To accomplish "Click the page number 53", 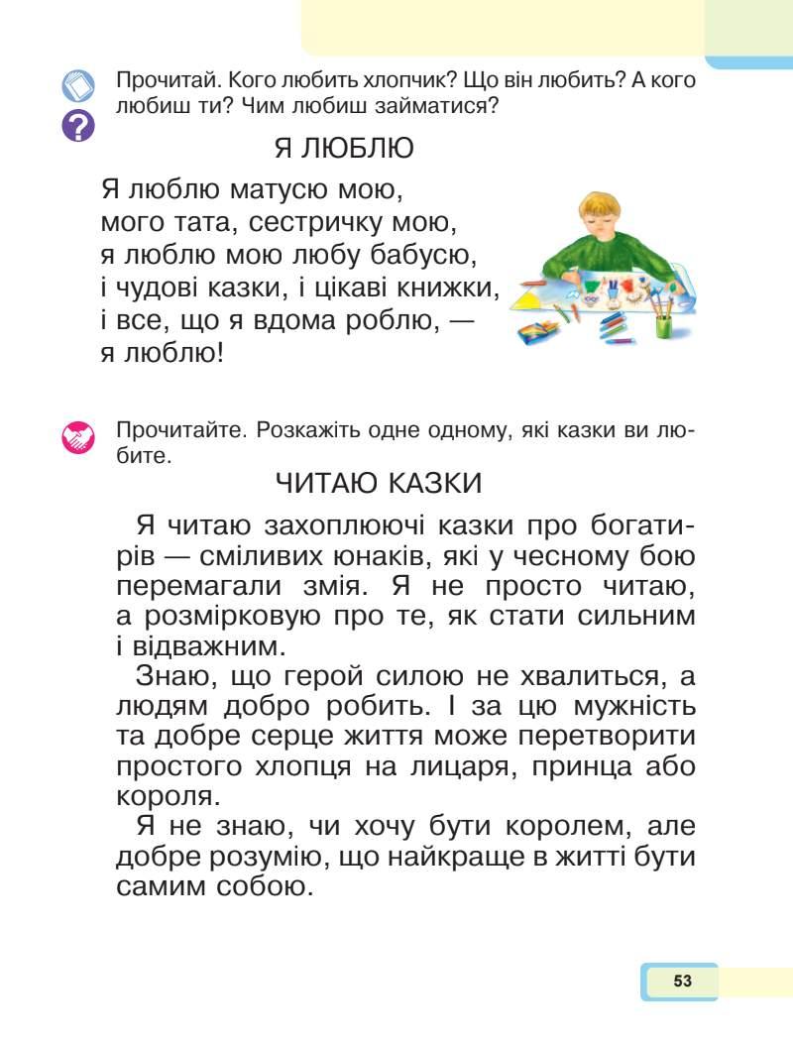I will pyautogui.click(x=681, y=982).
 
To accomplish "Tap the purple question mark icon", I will pyautogui.click(x=78, y=126).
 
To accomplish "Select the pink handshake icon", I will pyautogui.click(x=78, y=436).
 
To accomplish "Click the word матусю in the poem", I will pyautogui.click(x=280, y=187).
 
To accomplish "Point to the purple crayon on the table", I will pyautogui.click(x=621, y=341).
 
